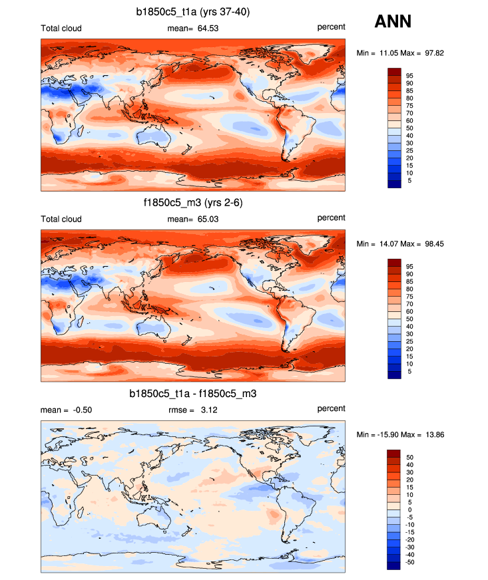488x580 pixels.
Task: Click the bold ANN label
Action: coord(393,21)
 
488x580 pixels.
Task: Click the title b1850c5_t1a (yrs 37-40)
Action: coord(192,11)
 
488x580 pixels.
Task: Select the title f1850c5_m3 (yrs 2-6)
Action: coord(192,203)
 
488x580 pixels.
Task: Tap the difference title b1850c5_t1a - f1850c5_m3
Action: coord(192,394)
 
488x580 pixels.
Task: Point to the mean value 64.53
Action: coord(203,27)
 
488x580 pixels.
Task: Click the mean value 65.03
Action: coord(203,219)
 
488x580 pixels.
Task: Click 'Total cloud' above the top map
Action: coord(61,28)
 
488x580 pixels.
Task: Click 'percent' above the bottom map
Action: coord(331,408)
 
